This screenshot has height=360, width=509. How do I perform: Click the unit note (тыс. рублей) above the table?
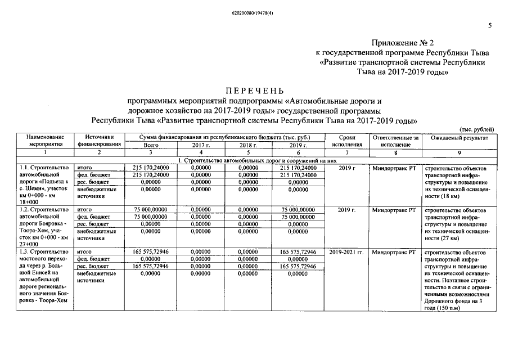(x=478, y=129)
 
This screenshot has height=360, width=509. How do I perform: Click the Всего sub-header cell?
(x=150, y=145)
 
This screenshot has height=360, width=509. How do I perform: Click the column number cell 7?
(x=347, y=152)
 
